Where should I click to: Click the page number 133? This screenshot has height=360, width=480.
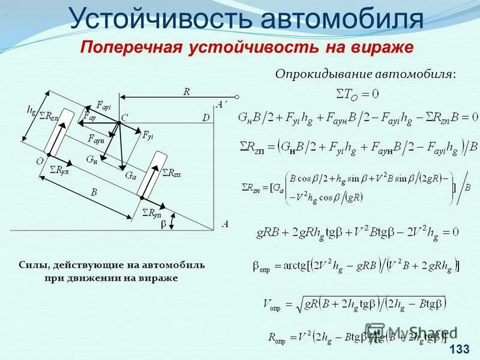point(459,350)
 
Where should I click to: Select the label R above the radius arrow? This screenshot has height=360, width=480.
point(186,92)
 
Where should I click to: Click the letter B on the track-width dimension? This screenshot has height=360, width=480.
point(94,193)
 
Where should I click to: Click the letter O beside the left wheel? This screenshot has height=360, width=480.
point(39,161)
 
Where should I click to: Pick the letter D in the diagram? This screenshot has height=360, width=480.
point(206,118)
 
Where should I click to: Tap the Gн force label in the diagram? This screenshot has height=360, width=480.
point(91,160)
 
